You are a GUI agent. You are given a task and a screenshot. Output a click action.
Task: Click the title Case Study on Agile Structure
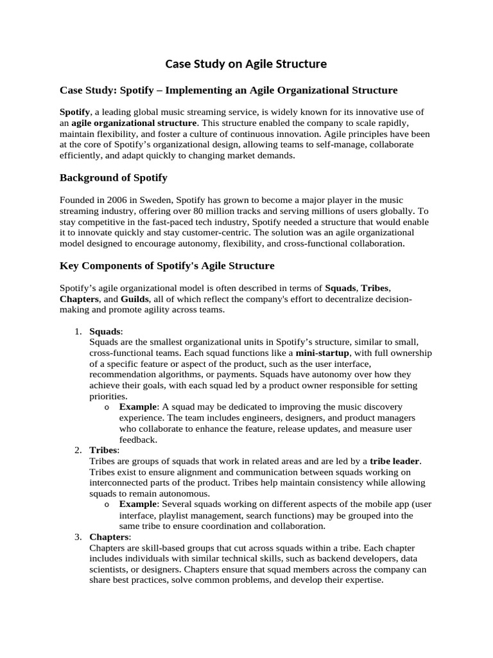click(x=246, y=64)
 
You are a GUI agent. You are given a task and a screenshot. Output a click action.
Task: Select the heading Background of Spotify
click(x=114, y=177)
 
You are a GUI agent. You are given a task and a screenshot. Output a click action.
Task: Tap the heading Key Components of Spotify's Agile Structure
click(x=167, y=265)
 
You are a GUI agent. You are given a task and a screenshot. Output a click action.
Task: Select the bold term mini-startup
click(x=322, y=353)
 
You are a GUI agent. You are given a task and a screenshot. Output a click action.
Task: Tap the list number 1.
click(x=77, y=331)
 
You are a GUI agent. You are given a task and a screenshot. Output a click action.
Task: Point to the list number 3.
click(x=77, y=537)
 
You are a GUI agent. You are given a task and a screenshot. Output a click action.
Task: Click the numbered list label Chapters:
click(x=110, y=537)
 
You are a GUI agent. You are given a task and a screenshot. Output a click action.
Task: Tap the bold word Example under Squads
click(x=138, y=407)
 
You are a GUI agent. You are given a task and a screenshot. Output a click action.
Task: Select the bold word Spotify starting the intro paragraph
click(x=74, y=112)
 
